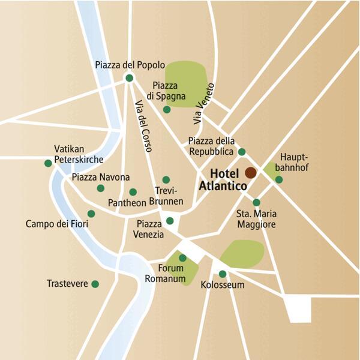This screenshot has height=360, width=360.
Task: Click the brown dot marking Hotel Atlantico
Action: pos(250,173)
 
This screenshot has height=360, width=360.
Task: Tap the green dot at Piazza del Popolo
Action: pos(128,77)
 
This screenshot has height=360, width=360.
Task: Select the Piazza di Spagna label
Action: pos(169,91)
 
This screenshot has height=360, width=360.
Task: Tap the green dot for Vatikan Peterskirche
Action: pos(48,163)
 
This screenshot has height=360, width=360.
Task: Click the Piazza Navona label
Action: pos(100,177)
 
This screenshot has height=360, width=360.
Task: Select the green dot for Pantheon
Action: pos(133,192)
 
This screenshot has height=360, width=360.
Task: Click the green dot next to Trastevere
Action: pos(95,284)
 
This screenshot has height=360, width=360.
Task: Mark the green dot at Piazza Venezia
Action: pos(170,220)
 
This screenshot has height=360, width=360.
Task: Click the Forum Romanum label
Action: pos(164,274)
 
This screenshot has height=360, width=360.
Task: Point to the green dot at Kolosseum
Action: pos(223,274)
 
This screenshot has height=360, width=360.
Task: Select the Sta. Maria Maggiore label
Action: pos(256,218)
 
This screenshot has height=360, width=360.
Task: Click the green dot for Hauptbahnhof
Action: pos(279,179)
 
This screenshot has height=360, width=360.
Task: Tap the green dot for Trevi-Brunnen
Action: pos(166,179)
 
